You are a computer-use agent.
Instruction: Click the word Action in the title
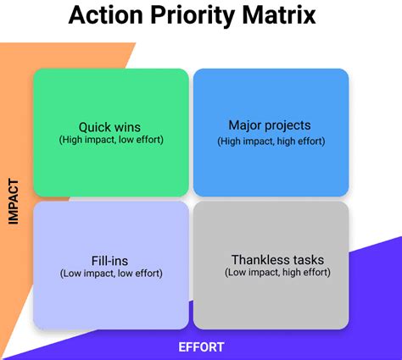(x=106, y=14)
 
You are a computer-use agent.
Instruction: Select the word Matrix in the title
(x=279, y=14)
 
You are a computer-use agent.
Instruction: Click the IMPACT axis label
(x=14, y=202)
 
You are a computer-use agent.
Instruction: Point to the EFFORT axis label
(x=201, y=347)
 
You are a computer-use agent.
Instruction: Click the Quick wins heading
(x=109, y=127)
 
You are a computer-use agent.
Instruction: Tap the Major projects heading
(x=270, y=125)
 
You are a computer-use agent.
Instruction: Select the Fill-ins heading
(x=109, y=261)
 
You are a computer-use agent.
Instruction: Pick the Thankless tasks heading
(x=277, y=260)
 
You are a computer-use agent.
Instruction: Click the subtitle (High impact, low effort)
(x=111, y=140)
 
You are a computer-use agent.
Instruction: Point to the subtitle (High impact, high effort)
(x=271, y=141)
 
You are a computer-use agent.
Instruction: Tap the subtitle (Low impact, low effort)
(x=111, y=274)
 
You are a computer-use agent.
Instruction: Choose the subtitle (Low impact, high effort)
(x=277, y=273)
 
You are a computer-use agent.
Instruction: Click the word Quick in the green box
(x=95, y=127)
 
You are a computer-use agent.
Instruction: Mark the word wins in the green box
(x=127, y=128)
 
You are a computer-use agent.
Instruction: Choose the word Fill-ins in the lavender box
(x=109, y=261)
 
